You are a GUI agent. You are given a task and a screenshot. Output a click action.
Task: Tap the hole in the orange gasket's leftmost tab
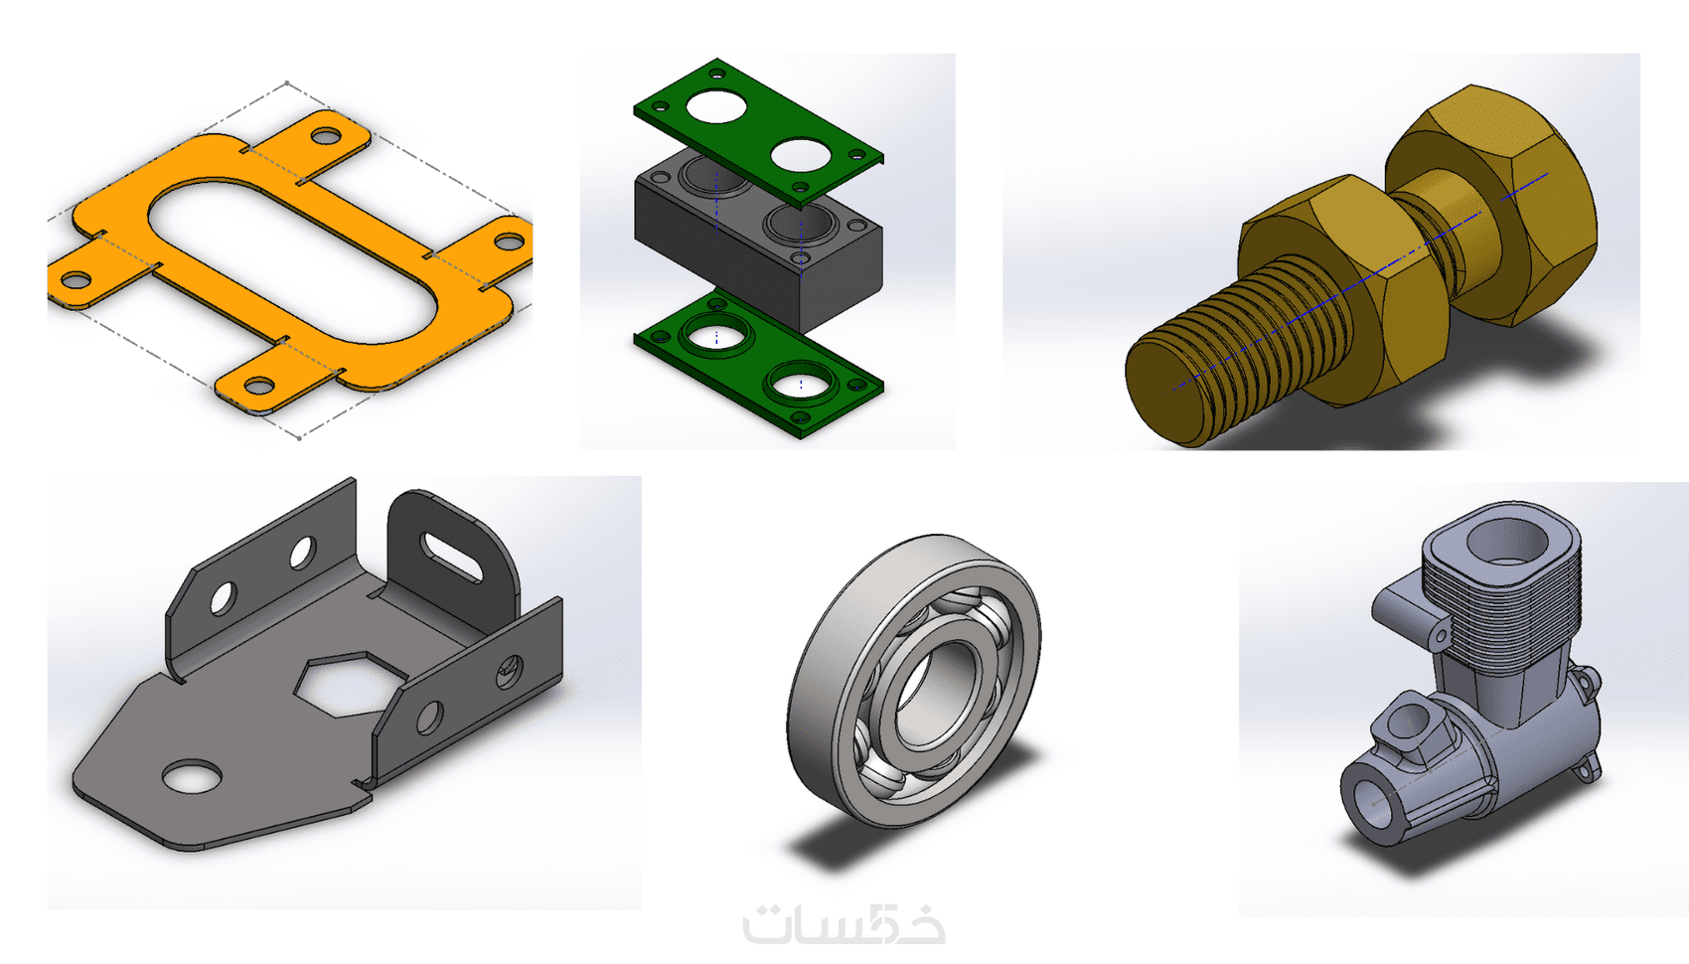click(76, 280)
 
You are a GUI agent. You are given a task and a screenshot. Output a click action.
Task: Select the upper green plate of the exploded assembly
click(758, 132)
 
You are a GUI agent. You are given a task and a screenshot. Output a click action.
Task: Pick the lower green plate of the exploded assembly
click(758, 362)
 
